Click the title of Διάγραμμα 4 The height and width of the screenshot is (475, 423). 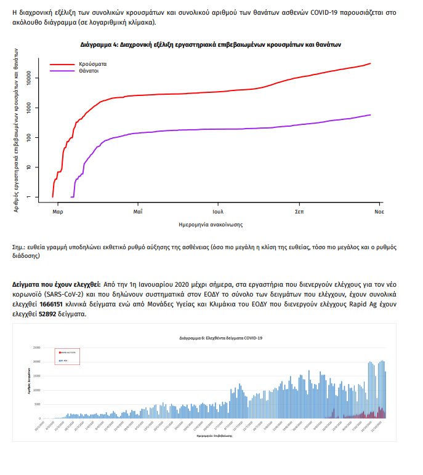(x=211, y=45)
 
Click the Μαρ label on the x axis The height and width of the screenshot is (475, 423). (x=58, y=211)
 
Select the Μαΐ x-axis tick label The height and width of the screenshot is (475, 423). (x=138, y=211)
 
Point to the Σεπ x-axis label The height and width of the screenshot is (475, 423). (x=299, y=211)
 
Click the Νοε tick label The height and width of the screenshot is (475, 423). (x=380, y=211)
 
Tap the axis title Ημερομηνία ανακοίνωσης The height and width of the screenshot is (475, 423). (x=211, y=224)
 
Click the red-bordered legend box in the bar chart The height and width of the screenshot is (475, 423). (x=67, y=355)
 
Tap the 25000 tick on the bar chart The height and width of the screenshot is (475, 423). (x=37, y=348)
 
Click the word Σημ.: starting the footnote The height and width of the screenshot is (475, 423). (x=20, y=247)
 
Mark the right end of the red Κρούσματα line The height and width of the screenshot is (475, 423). (x=370, y=63)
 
